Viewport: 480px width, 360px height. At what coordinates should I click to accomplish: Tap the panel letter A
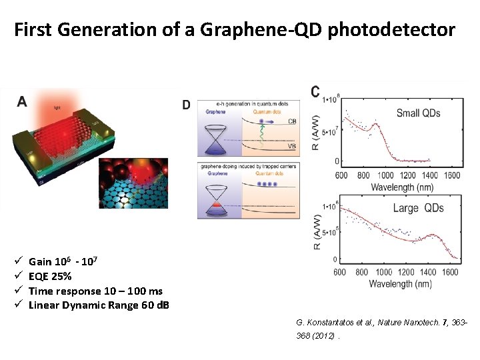22,101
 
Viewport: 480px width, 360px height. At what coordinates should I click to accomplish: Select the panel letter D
186,105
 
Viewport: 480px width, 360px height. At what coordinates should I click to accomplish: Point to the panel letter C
315,91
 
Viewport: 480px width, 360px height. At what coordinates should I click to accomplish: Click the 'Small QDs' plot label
418,113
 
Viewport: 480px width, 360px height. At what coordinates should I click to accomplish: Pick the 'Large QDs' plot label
415,208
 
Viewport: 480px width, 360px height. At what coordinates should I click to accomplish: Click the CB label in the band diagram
293,121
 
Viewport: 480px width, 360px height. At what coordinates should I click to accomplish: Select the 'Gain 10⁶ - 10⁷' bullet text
64,262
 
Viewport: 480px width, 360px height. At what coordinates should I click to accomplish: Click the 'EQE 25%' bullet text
51,277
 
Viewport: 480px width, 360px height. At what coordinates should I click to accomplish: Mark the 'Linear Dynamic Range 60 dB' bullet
99,305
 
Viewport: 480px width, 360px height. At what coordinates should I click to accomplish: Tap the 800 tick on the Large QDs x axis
362,272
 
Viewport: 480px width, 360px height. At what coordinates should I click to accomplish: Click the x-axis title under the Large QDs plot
402,285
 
